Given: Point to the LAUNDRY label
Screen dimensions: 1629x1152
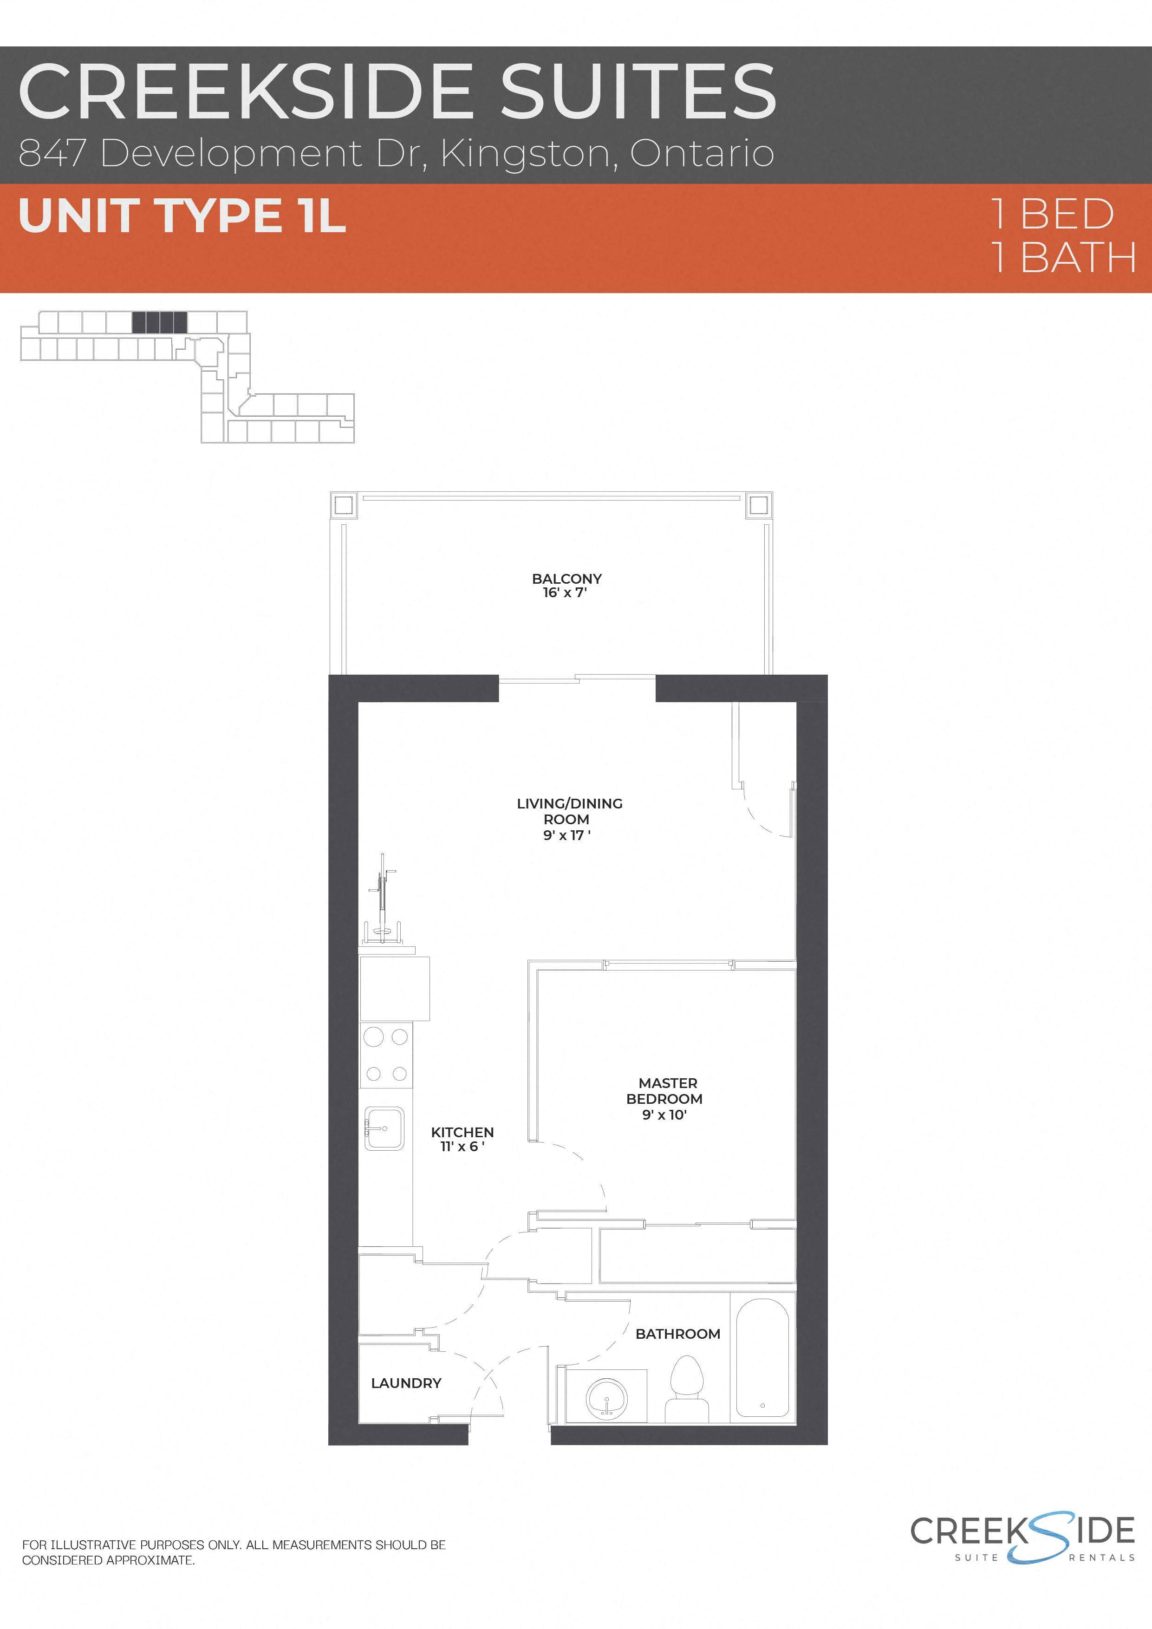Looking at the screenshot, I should [406, 1383].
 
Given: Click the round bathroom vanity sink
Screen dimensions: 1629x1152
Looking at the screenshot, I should [606, 1398].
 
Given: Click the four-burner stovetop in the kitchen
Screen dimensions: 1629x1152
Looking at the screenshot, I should [385, 1056].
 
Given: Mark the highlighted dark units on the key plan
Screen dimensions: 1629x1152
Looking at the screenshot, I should [160, 323].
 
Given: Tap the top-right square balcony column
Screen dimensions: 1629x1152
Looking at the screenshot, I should [758, 506].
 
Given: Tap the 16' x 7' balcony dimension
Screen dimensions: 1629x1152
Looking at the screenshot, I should [565, 593].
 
